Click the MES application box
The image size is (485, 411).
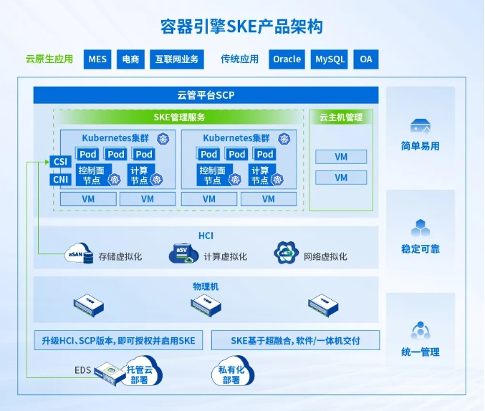click(97, 59)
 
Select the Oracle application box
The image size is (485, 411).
click(287, 59)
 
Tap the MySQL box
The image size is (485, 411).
click(330, 59)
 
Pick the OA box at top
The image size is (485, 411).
click(366, 59)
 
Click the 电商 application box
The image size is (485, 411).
click(130, 59)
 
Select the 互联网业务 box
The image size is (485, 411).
click(177, 59)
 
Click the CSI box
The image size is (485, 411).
click(60, 162)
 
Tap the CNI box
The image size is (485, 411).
click(60, 179)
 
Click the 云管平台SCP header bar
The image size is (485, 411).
click(206, 95)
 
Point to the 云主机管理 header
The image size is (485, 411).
click(341, 117)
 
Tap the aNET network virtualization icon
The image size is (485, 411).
click(285, 253)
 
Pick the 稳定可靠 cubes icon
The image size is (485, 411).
click(420, 228)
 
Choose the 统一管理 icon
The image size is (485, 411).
click(420, 330)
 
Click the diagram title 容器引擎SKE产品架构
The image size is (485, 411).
click(241, 27)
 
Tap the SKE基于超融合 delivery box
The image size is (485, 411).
click(295, 341)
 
